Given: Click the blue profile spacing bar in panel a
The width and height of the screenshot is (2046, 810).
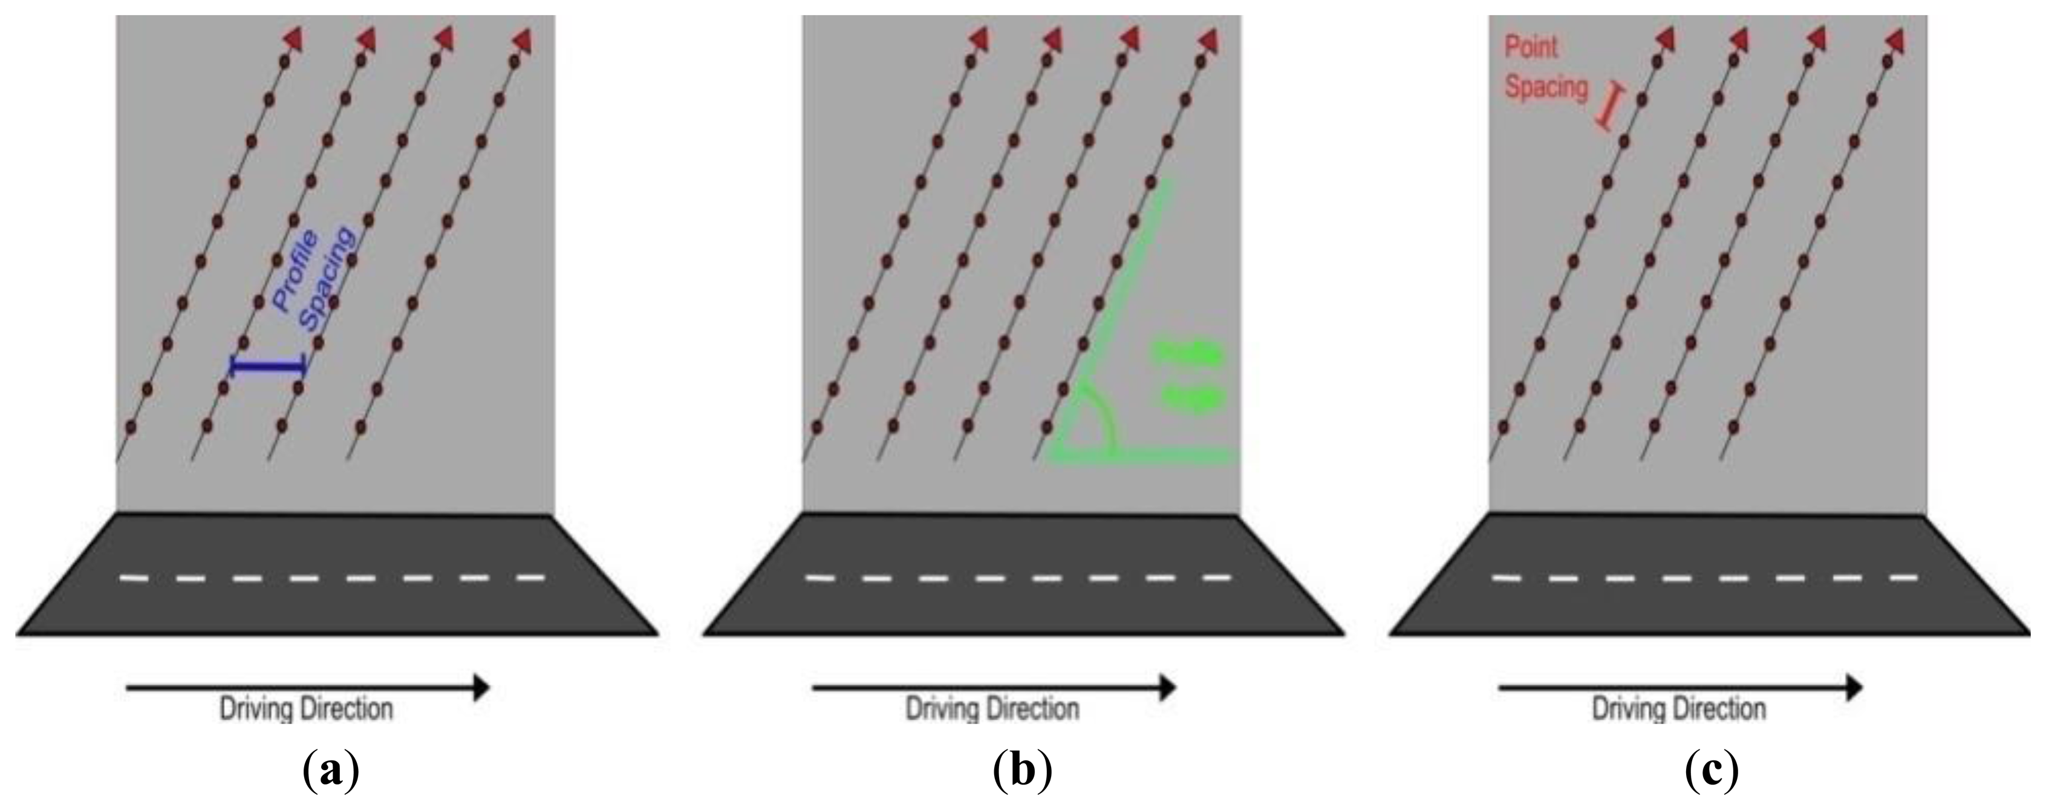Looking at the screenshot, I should pyautogui.click(x=268, y=366).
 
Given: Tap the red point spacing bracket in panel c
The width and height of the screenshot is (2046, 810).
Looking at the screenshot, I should pyautogui.click(x=1607, y=109).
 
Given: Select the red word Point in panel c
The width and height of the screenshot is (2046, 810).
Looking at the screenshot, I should pyautogui.click(x=1531, y=48).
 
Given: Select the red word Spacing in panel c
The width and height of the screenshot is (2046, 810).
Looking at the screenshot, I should pyautogui.click(x=1546, y=87).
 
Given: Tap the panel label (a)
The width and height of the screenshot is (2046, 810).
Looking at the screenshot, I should pyautogui.click(x=331, y=769).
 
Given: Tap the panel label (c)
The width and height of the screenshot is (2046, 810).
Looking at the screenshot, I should pyautogui.click(x=1711, y=769).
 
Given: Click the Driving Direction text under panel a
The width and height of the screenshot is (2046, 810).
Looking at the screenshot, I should pyautogui.click(x=306, y=708).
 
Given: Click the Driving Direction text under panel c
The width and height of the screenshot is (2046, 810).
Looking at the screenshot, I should pyautogui.click(x=1679, y=708).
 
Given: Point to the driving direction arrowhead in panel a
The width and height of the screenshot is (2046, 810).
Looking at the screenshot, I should pyautogui.click(x=481, y=687).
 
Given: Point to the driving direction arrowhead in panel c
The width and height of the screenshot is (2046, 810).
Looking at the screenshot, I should pyautogui.click(x=1854, y=687).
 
